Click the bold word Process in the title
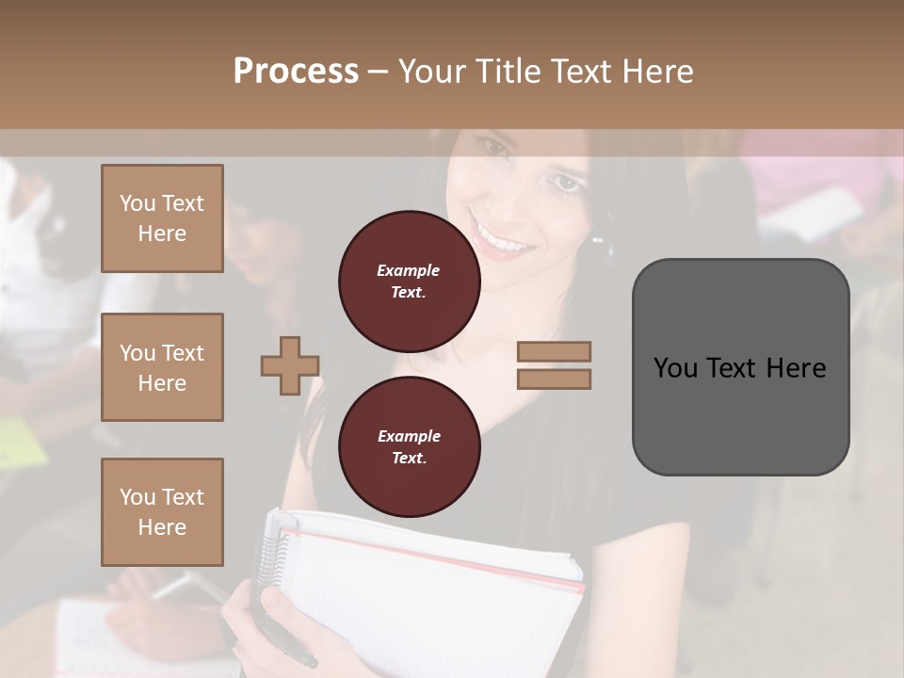[296, 72]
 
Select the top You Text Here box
[162, 218]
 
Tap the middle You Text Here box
[162, 367]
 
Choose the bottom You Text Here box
[162, 511]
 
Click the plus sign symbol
[290, 365]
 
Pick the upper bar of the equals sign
[554, 352]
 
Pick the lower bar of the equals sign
[554, 379]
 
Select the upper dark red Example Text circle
[408, 281]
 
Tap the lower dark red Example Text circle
[408, 446]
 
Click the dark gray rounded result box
[740, 367]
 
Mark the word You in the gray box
[675, 367]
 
